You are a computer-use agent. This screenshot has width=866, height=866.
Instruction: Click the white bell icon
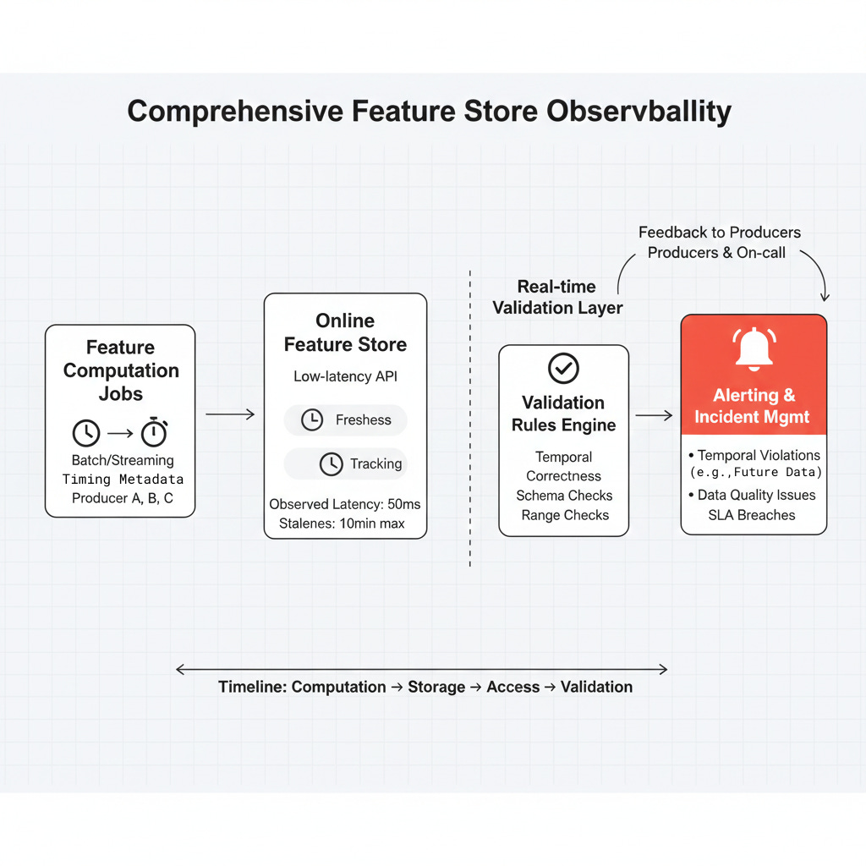pos(754,349)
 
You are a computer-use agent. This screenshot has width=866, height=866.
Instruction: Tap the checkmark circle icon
pos(563,368)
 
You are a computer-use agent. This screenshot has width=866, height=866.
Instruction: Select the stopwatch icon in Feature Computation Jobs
pos(153,432)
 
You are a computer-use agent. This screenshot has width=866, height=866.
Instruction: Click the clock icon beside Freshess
pos(312,419)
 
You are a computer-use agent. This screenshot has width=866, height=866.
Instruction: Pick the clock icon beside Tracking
pos(331,463)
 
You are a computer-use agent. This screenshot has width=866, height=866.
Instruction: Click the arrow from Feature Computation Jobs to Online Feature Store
pos(230,414)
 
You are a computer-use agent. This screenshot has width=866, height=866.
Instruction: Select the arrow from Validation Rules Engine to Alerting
pos(654,415)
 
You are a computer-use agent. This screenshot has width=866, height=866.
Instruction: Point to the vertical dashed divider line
pos(470,423)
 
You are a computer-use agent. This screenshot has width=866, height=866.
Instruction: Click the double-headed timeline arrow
pos(421,670)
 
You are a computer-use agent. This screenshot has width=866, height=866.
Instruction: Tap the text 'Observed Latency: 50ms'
pos(345,504)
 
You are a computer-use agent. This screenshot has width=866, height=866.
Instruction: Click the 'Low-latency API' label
pos(345,376)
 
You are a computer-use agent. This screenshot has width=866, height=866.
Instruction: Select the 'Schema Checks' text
pos(564,496)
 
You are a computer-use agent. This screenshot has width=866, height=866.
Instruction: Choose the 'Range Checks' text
pos(564,515)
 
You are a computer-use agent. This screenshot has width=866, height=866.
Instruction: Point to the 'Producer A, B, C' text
pos(122,498)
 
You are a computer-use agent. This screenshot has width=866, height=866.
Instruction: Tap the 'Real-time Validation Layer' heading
pos(557,297)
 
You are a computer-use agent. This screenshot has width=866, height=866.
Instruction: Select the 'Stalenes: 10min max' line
pos(342,523)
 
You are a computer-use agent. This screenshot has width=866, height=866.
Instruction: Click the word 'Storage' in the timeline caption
pos(436,687)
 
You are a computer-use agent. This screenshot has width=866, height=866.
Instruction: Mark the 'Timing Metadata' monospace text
pos(123,480)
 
